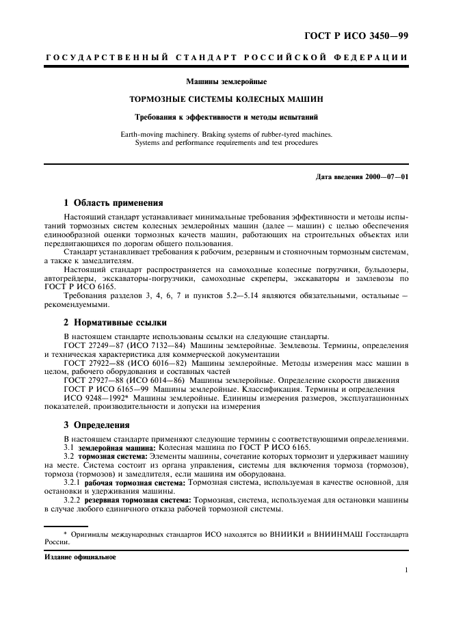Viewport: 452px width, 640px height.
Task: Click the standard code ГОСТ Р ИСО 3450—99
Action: coord(360,36)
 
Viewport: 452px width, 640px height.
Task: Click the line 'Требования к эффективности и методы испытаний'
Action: coord(226,117)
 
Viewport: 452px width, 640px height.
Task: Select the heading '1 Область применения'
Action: coord(113,203)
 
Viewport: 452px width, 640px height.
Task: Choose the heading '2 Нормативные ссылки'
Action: coord(113,322)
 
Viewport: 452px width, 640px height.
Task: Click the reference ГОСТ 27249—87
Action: coord(96,345)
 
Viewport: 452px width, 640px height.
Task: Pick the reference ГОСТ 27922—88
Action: coord(96,362)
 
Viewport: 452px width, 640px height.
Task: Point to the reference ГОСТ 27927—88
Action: coord(96,379)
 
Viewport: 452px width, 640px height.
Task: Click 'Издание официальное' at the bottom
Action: coord(79,557)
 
